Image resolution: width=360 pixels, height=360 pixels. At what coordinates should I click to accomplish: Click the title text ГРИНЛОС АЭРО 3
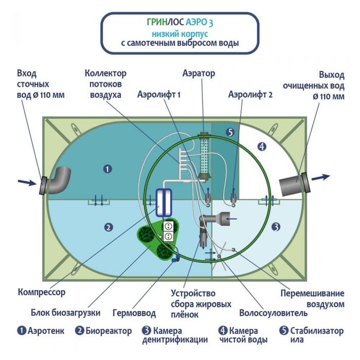[x=180, y=23]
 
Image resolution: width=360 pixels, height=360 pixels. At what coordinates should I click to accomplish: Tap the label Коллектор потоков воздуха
[x=105, y=84]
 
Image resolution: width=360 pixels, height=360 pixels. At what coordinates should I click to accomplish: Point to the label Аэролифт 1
[x=160, y=95]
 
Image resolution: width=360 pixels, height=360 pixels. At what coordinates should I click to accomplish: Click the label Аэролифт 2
[x=250, y=95]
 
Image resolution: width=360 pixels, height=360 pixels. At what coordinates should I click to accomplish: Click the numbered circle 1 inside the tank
[x=107, y=168]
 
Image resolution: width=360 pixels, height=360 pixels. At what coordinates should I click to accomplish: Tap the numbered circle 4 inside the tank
[x=262, y=147]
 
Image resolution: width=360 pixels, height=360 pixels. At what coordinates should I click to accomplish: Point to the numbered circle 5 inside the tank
[x=230, y=133]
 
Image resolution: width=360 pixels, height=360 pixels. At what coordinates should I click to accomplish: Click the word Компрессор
[x=41, y=293]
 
